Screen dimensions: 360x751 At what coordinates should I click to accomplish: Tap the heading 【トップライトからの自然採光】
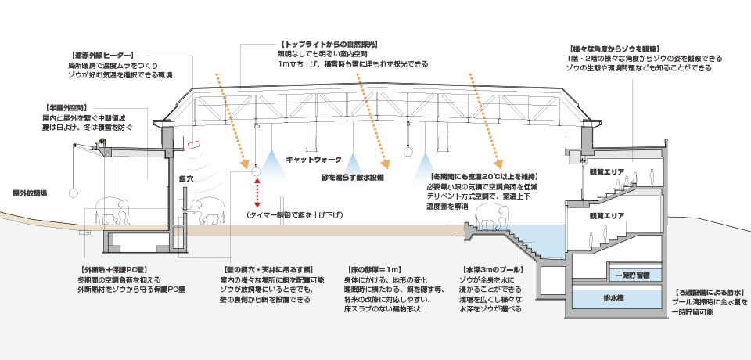pos(329,45)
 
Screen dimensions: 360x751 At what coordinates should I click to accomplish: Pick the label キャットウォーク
pos(313,159)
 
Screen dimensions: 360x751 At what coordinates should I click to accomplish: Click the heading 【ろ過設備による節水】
pos(709,291)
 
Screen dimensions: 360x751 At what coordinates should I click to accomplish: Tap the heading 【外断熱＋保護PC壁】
pos(103,268)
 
